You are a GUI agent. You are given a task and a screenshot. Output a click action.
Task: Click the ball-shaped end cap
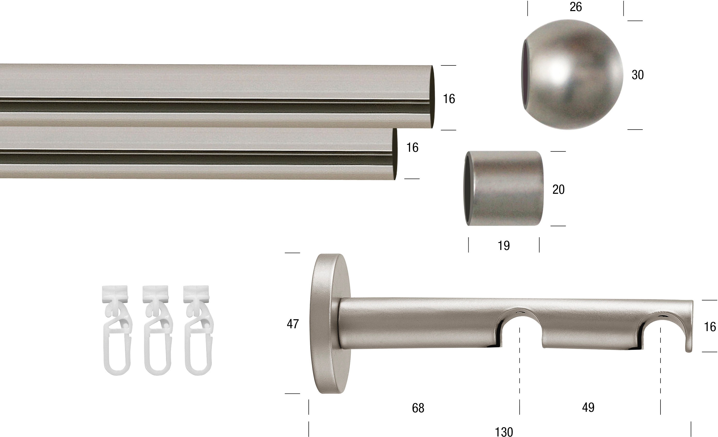[572, 74]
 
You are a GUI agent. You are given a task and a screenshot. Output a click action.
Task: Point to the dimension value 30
[638, 75]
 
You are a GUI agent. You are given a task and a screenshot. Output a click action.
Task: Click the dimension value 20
[558, 190]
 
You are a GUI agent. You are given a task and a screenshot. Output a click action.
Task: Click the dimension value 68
[418, 408]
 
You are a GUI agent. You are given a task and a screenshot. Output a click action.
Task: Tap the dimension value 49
[588, 407]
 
